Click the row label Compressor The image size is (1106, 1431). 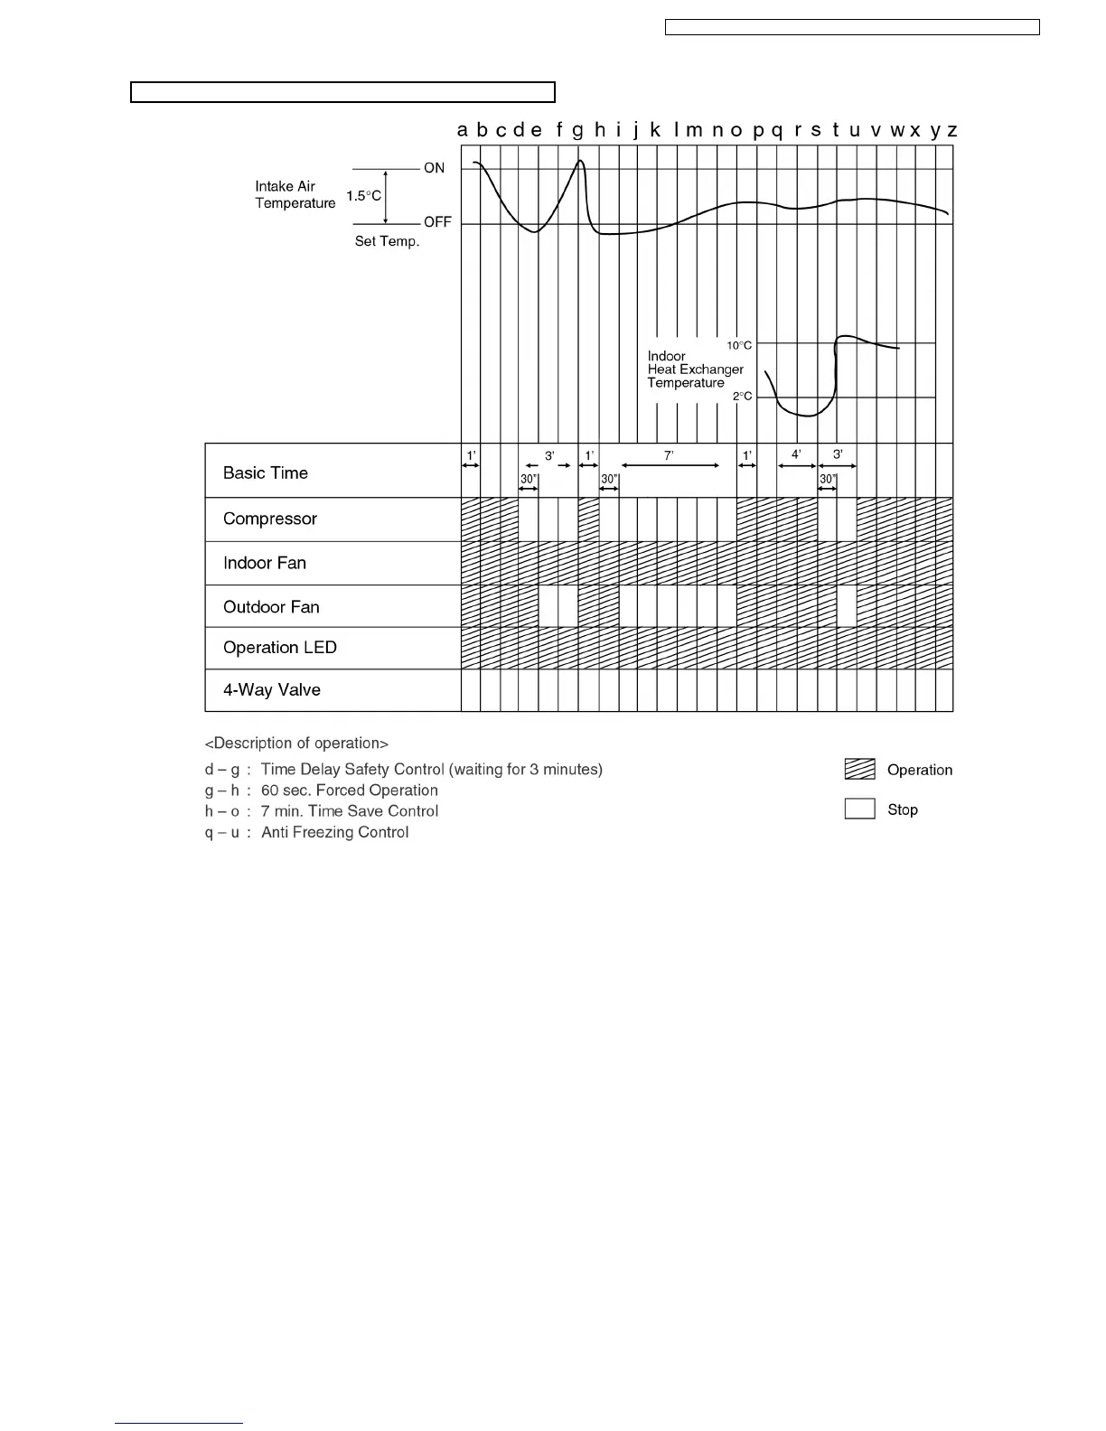269,519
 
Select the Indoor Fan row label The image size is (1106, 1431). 265,564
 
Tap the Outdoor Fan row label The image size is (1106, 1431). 271,607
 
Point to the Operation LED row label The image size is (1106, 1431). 279,648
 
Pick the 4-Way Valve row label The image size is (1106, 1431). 271,690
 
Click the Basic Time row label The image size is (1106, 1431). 265,473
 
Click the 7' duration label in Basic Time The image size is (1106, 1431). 669,456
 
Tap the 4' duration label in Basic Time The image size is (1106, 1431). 796,455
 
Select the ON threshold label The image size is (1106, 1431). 434,169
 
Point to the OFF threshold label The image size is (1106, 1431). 437,222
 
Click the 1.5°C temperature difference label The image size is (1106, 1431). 364,196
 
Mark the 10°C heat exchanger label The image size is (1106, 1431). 739,346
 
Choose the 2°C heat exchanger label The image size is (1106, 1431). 742,397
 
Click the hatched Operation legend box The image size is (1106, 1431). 859,770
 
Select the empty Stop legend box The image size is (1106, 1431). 859,809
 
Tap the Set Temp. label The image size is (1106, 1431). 387,242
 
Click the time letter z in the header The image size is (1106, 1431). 951,131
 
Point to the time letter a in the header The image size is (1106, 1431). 463,131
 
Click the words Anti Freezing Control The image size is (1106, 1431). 334,833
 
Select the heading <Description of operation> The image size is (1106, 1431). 296,744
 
